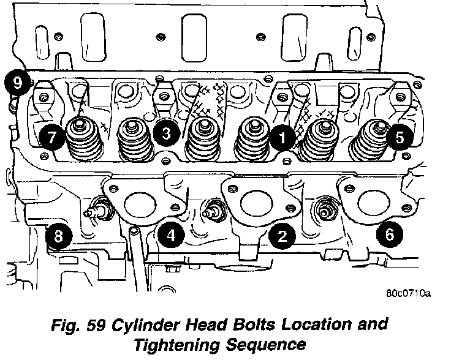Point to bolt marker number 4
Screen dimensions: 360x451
coord(171,234)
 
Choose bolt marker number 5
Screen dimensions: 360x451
coord(399,138)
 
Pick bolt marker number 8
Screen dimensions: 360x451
coord(59,237)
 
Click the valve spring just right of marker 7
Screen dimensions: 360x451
coord(80,140)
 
